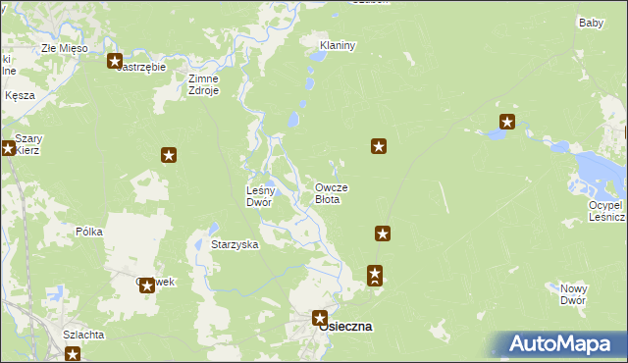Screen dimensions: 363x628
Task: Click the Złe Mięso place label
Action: [64, 47]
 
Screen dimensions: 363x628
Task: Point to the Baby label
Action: [591, 23]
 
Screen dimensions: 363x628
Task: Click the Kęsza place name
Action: [20, 95]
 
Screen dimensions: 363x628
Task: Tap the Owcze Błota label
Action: [331, 192]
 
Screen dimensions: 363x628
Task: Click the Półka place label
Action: [89, 232]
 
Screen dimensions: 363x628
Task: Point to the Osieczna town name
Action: [345, 328]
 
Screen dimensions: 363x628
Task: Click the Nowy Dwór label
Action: [573, 294]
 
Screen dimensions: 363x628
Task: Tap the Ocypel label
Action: [604, 205]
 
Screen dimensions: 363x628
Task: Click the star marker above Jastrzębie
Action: [114, 61]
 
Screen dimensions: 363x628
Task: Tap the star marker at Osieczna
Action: [319, 317]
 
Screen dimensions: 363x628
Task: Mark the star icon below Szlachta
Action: [72, 354]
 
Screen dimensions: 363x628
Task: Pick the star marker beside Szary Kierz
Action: [8, 149]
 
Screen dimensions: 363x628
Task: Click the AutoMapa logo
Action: [564, 344]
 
